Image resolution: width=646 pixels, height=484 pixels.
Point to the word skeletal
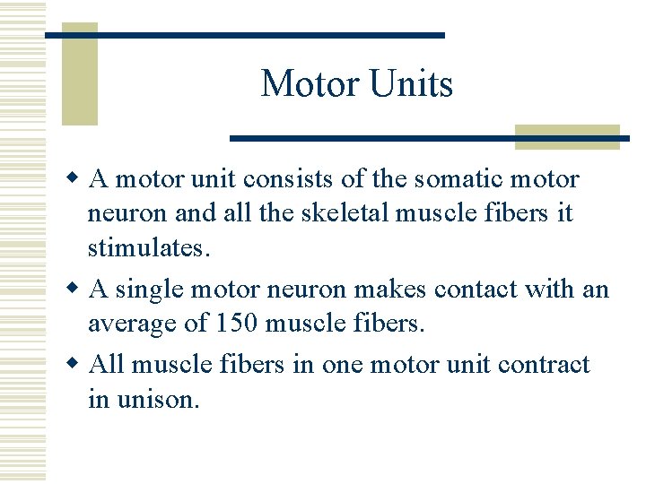point(322,213)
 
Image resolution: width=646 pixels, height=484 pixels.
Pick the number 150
point(236,323)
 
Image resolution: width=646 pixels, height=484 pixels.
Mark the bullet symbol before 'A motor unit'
point(78,179)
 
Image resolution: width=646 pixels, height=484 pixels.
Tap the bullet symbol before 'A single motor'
point(78,290)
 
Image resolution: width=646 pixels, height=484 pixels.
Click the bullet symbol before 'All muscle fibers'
point(78,365)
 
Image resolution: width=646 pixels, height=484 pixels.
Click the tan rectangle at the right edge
point(567,136)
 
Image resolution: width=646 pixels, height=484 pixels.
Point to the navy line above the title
point(245,35)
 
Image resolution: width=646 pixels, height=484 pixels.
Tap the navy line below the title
point(429,138)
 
